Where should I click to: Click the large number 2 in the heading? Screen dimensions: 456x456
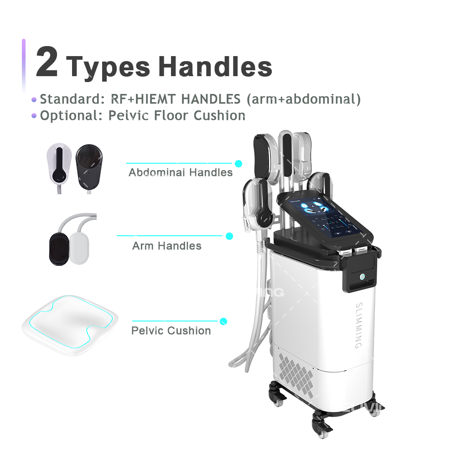47,62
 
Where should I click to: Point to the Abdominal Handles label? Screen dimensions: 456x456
181,172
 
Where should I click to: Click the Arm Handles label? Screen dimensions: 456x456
166,246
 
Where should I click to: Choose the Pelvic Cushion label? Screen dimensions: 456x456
171,331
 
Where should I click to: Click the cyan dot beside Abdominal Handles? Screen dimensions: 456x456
238,163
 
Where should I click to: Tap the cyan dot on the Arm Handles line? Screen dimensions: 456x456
229,236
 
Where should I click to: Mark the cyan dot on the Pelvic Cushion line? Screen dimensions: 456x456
223,321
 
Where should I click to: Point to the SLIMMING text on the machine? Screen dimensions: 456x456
358,324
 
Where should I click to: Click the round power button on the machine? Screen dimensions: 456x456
362,276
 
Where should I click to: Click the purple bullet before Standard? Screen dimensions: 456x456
33,99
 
